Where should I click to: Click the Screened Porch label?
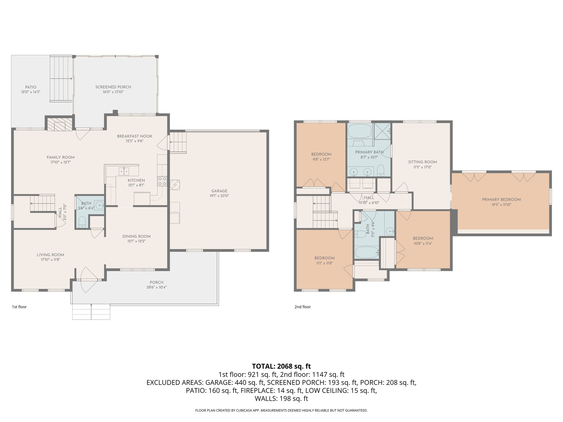pyautogui.click(x=113, y=87)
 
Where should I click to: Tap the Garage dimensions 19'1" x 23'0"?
pyautogui.click(x=219, y=196)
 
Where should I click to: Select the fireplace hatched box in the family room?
pyautogui.click(x=60, y=124)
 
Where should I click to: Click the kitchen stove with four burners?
pyautogui.click(x=162, y=181)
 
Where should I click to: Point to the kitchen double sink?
pyautogui.click(x=124, y=171)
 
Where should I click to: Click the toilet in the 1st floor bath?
pyautogui.click(x=82, y=222)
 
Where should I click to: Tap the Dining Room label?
pyautogui.click(x=136, y=236)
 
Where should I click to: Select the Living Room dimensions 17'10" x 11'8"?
pyautogui.click(x=50, y=260)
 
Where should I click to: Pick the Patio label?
pyautogui.click(x=31, y=87)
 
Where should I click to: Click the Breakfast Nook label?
pyautogui.click(x=134, y=136)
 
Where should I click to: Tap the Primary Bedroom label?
pyautogui.click(x=501, y=199)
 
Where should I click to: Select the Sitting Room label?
pyautogui.click(x=422, y=162)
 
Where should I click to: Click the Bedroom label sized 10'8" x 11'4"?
pyautogui.click(x=423, y=238)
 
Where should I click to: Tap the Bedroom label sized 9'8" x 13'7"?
pyautogui.click(x=321, y=154)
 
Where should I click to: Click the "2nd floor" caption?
pyautogui.click(x=302, y=307)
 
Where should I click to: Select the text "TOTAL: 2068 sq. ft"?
pyautogui.click(x=281, y=366)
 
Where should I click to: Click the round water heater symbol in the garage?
pyautogui.click(x=175, y=185)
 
